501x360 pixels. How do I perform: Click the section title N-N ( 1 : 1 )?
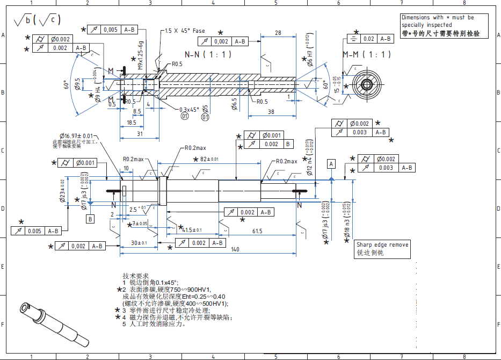tap(208, 55)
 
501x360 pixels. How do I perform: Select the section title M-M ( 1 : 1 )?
tap(367, 55)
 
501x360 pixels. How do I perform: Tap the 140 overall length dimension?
tap(235, 249)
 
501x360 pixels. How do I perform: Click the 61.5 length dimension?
tap(257, 231)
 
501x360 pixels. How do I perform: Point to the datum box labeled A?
tap(331, 163)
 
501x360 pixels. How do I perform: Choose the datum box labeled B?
tap(90, 219)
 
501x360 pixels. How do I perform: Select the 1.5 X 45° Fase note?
tap(185, 31)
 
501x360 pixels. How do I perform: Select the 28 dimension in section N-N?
tap(278, 33)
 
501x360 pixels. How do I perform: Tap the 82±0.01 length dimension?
tap(210, 159)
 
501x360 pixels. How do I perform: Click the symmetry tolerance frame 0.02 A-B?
tap(371, 39)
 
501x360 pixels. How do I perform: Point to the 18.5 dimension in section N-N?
tap(132, 123)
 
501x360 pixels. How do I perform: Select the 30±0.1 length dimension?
tap(139, 243)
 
